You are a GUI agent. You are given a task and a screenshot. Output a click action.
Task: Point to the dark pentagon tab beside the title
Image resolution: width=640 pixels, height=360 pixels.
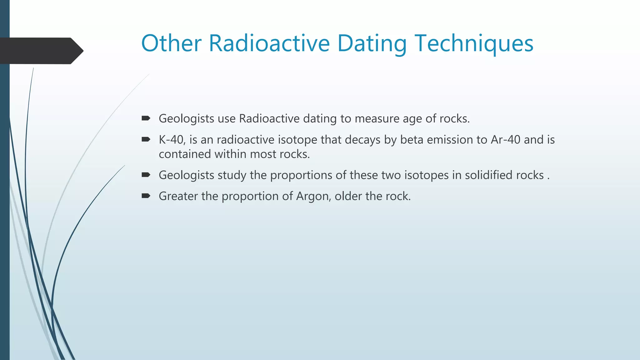point(41,51)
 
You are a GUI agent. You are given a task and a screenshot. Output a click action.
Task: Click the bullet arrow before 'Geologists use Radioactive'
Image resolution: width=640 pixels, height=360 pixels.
point(146,118)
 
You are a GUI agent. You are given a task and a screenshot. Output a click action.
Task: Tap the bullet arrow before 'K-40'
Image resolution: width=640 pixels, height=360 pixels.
point(146,139)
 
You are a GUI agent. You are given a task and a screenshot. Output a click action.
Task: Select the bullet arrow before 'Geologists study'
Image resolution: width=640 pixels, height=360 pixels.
point(146,175)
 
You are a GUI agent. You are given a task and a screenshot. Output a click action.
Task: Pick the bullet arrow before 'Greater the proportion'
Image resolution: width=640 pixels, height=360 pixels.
point(146,196)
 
